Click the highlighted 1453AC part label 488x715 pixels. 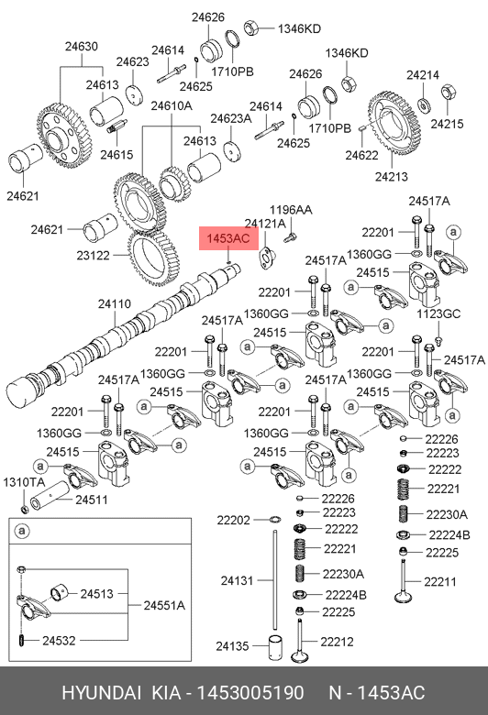(x=228, y=238)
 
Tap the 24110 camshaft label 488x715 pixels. (x=115, y=303)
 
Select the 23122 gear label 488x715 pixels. (x=94, y=256)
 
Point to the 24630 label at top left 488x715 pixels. (x=82, y=46)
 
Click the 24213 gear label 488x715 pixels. (x=391, y=177)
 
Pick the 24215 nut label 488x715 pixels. (x=447, y=124)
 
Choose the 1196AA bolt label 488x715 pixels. (x=291, y=210)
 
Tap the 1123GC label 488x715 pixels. (x=438, y=314)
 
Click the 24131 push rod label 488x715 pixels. (x=237, y=580)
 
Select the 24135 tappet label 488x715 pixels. (x=232, y=646)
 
